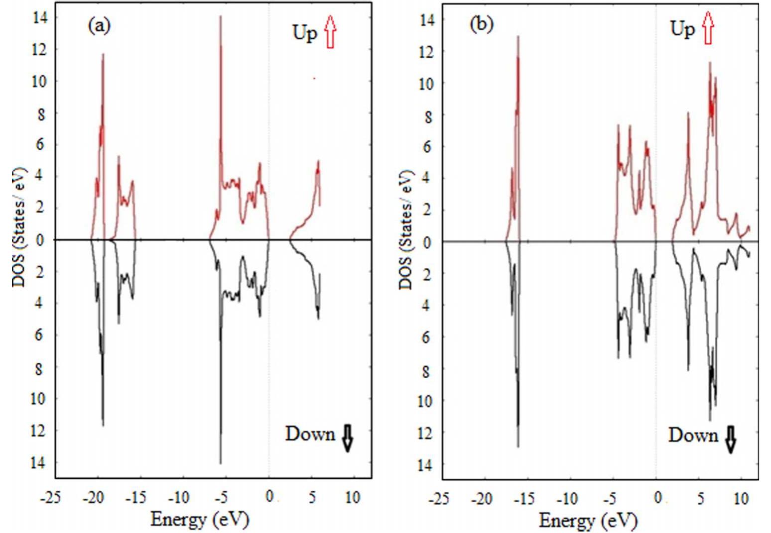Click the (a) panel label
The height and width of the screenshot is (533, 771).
[x=99, y=25]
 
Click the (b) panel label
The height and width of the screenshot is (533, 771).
[x=482, y=24]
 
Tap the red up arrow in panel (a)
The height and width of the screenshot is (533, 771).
[x=330, y=31]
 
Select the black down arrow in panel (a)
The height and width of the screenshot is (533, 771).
[x=347, y=438]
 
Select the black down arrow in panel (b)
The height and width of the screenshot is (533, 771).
[x=730, y=439]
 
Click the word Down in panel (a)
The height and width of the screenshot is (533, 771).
[x=310, y=434]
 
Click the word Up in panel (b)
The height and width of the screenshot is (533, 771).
[x=682, y=28]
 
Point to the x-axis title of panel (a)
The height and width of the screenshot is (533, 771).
[x=199, y=519]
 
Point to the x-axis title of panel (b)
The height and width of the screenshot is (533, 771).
[x=588, y=521]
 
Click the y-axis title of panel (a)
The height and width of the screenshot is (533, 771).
[x=20, y=227]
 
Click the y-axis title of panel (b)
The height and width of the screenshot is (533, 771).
[x=406, y=229]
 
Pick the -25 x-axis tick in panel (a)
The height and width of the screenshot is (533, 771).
[x=50, y=497]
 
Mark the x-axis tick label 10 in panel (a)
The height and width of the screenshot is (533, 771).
[x=352, y=497]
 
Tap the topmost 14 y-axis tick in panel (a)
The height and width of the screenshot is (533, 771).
[x=39, y=18]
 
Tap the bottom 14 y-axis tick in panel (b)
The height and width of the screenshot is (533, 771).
[x=426, y=464]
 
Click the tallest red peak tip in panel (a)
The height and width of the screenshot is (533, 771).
[x=221, y=16]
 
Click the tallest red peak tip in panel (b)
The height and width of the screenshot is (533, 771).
[x=518, y=36]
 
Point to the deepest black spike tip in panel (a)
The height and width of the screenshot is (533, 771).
[x=221, y=463]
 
